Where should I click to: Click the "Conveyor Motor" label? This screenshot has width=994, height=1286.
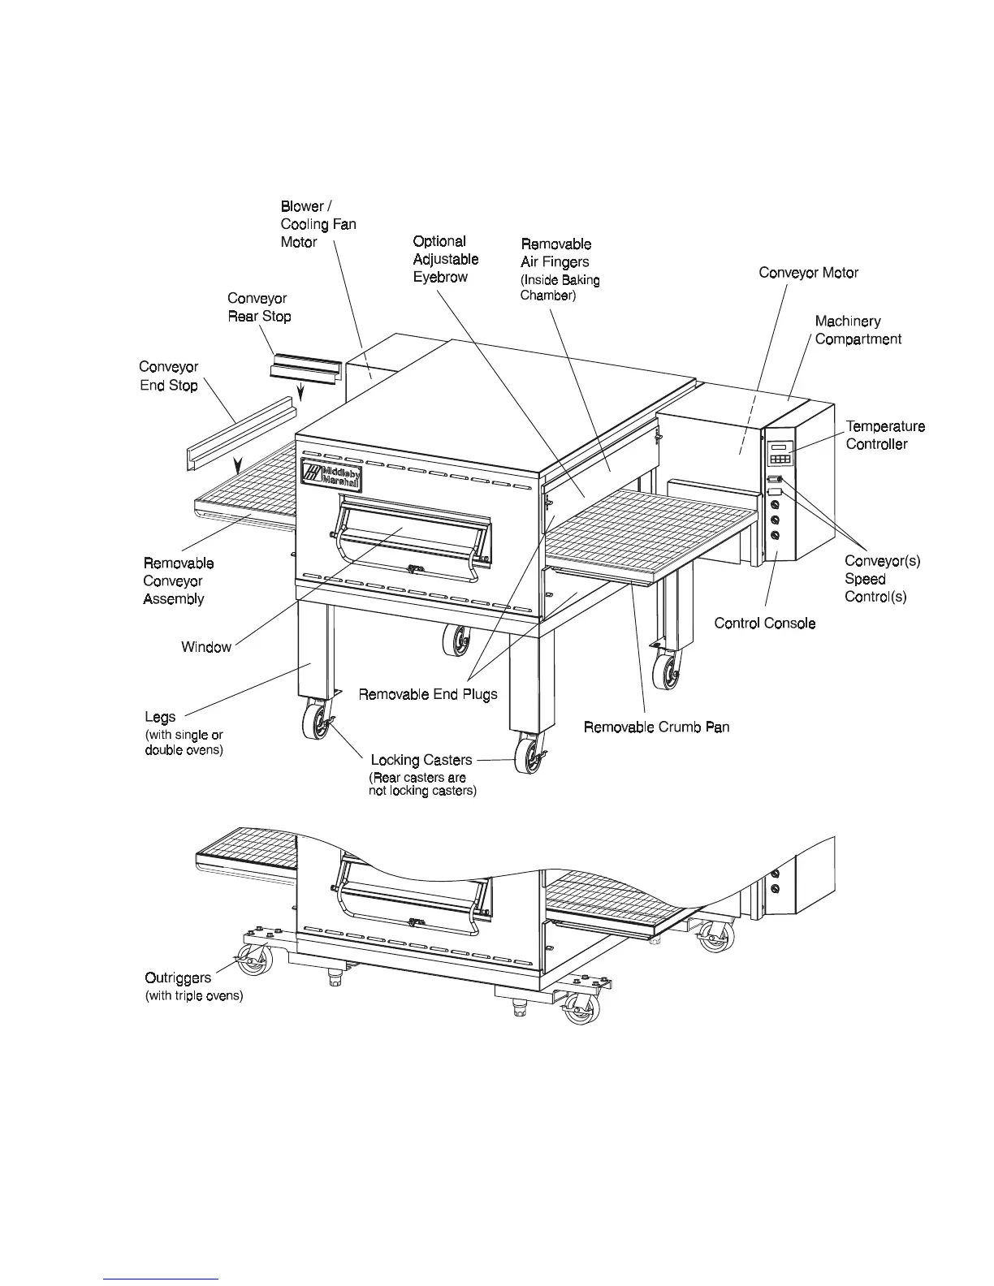(x=808, y=273)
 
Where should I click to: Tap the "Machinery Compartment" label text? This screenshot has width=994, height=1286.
(x=858, y=330)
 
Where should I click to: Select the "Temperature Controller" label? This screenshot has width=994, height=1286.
(x=885, y=435)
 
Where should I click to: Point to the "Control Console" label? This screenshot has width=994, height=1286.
(x=764, y=624)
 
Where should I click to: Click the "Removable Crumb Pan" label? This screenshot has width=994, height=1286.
(x=656, y=727)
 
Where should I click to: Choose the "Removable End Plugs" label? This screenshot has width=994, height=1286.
(x=428, y=694)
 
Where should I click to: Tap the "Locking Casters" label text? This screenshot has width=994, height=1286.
(x=421, y=761)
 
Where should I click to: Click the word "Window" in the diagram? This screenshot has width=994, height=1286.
(x=206, y=647)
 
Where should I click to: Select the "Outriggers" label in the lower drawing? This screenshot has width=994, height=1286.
(x=178, y=978)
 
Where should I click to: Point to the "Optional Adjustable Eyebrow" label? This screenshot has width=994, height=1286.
(x=445, y=259)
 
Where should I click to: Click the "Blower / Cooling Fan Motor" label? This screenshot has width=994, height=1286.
(x=318, y=224)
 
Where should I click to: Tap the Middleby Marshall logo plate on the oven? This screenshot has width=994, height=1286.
(x=331, y=475)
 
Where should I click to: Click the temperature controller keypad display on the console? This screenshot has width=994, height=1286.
(x=780, y=453)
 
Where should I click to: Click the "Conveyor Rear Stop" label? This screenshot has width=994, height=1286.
(x=259, y=308)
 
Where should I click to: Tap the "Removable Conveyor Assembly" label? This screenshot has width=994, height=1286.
(x=179, y=581)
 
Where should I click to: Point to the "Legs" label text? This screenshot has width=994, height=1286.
(x=160, y=718)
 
